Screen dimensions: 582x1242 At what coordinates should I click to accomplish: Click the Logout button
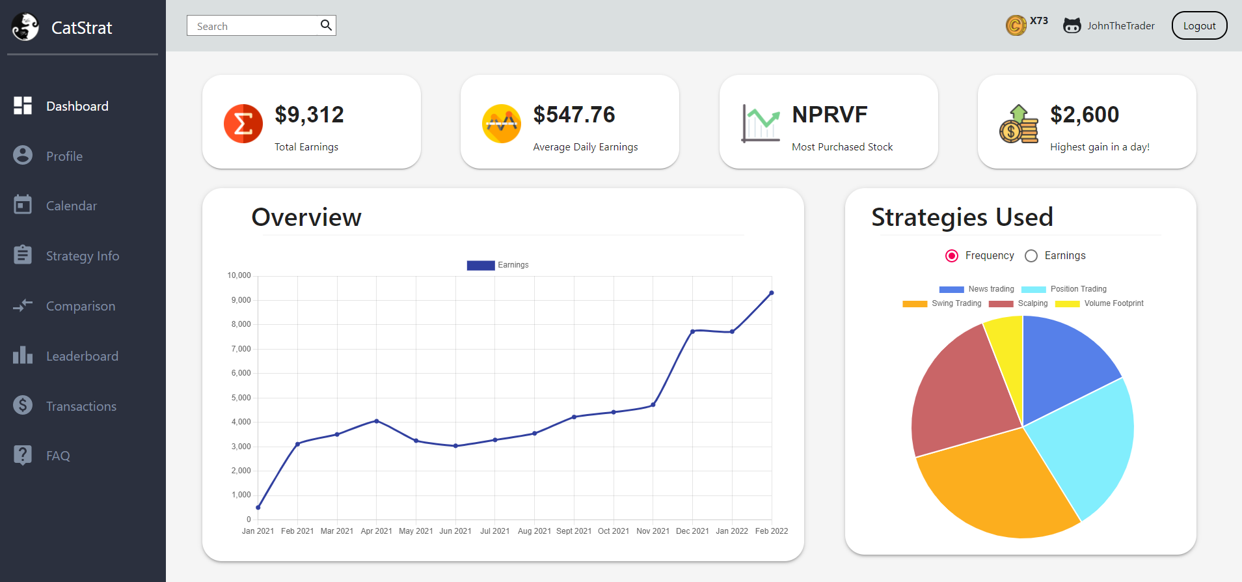[1199, 26]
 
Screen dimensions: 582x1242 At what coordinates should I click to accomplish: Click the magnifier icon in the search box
[326, 25]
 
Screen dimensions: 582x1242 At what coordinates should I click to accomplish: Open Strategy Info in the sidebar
[82, 256]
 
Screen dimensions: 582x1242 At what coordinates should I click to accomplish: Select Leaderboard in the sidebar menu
[82, 356]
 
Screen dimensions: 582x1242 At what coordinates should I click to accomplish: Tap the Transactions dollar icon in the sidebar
[23, 406]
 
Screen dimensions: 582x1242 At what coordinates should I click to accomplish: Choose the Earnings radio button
[1031, 256]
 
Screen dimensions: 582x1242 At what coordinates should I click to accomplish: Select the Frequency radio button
[952, 256]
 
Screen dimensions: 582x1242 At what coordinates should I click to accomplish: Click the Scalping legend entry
[1018, 303]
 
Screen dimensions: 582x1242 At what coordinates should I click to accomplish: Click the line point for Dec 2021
[693, 331]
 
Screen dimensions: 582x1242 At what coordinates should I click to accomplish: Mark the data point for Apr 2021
[377, 421]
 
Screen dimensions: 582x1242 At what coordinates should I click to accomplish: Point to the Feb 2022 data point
[772, 293]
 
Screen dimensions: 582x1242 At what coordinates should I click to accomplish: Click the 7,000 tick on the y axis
[241, 349]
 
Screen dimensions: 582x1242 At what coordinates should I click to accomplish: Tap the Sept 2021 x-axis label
[574, 531]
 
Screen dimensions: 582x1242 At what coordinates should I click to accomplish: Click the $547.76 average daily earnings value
[574, 115]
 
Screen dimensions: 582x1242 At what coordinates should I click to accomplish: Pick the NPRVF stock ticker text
[830, 115]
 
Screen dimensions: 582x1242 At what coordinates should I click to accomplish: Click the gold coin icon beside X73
[1016, 25]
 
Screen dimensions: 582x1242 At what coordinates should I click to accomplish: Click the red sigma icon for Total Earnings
[243, 123]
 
